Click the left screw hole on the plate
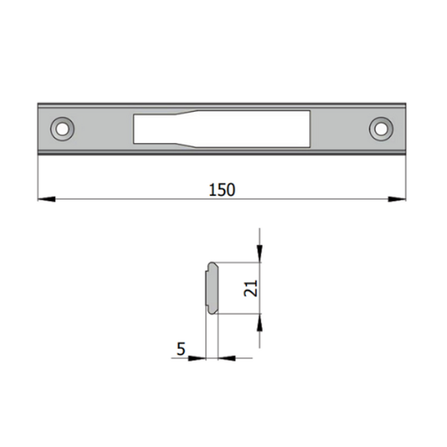click(x=62, y=129)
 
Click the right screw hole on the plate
click(x=381, y=129)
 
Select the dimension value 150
click(x=222, y=189)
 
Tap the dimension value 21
click(x=250, y=288)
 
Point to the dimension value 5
click(x=180, y=348)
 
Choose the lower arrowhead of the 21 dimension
click(x=259, y=322)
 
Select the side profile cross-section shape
click(x=211, y=288)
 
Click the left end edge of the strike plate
click(x=38, y=129)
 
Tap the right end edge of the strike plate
click(x=407, y=129)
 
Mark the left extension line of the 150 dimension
click(x=37, y=179)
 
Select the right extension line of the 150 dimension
click(x=407, y=179)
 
